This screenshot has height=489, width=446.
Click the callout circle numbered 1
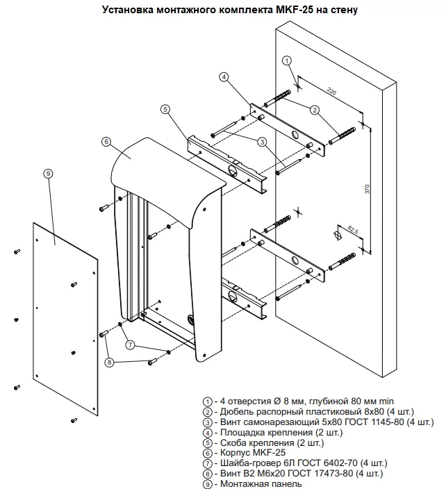[288, 61]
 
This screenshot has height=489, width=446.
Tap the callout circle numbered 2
[314, 110]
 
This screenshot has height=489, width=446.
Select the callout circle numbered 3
[263, 142]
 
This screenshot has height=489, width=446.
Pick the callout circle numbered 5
[165, 109]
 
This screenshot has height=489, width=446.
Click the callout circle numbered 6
[106, 141]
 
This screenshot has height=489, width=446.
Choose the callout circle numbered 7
[130, 345]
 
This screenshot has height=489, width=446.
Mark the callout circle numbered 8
[109, 362]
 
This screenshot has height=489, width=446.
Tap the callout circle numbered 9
[48, 173]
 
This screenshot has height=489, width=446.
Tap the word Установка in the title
[127, 10]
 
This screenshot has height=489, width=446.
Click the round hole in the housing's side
[192, 320]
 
